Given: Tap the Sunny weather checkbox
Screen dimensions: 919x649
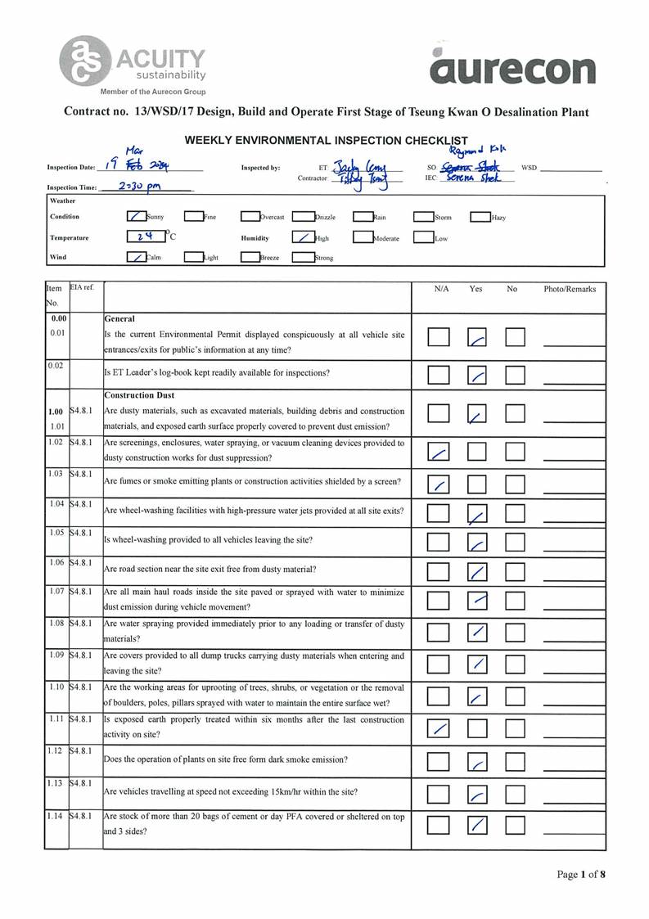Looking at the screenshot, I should click(137, 217).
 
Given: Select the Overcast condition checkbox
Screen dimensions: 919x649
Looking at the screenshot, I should click(250, 217).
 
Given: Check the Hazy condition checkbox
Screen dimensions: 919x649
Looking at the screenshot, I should click(480, 217).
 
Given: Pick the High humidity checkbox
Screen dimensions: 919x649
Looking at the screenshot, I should click(303, 238).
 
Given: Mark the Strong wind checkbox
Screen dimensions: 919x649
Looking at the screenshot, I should click(303, 258).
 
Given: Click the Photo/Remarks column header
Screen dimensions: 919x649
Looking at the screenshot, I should click(570, 289).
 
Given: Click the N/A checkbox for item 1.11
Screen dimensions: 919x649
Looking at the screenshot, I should click(439, 728).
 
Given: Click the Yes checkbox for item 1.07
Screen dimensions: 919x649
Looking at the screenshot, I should click(477, 601).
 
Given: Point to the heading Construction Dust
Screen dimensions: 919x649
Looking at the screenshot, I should click(140, 395).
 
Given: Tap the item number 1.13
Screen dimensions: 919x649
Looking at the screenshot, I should click(56, 783).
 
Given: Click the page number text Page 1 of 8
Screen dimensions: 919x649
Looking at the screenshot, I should click(581, 874).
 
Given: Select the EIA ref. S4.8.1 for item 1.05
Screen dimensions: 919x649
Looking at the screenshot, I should click(82, 533).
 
